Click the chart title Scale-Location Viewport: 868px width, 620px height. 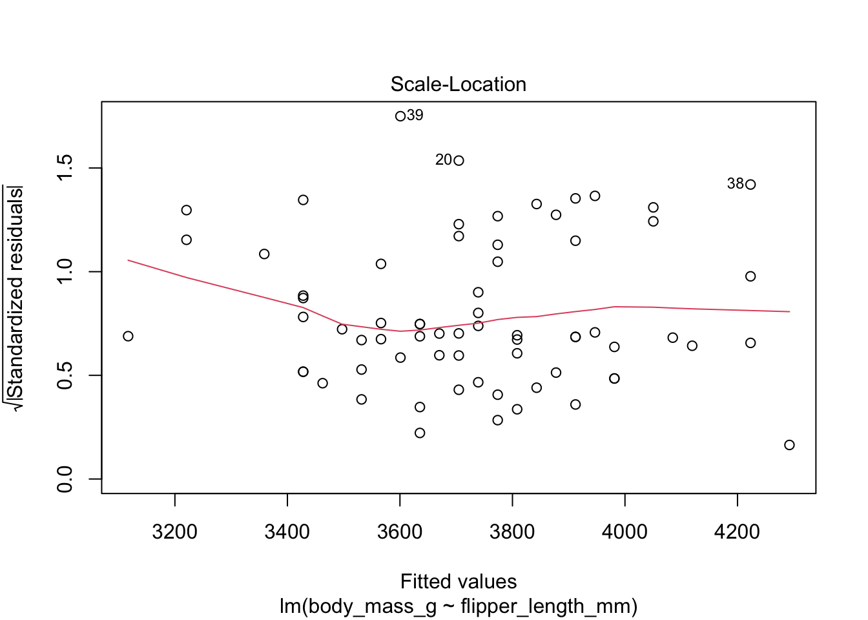458,85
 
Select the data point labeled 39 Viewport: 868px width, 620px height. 400,116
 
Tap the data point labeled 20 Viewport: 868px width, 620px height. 459,161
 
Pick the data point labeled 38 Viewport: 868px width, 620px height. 750,185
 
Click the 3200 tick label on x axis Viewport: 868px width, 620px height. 174,532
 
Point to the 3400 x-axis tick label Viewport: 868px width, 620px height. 287,532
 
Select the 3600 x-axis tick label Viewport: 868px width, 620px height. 400,532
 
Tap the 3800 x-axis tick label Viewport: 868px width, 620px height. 512,532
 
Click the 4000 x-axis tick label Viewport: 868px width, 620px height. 625,532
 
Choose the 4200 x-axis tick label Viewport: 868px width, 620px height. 737,532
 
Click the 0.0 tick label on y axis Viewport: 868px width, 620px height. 65,479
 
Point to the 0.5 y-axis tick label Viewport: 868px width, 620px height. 65,375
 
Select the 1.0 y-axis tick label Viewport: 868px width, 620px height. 65,272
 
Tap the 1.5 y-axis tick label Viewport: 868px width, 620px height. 65,169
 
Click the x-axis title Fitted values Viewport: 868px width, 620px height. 458,582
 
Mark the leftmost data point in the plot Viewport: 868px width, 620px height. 128,336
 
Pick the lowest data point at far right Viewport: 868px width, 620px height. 789,445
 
